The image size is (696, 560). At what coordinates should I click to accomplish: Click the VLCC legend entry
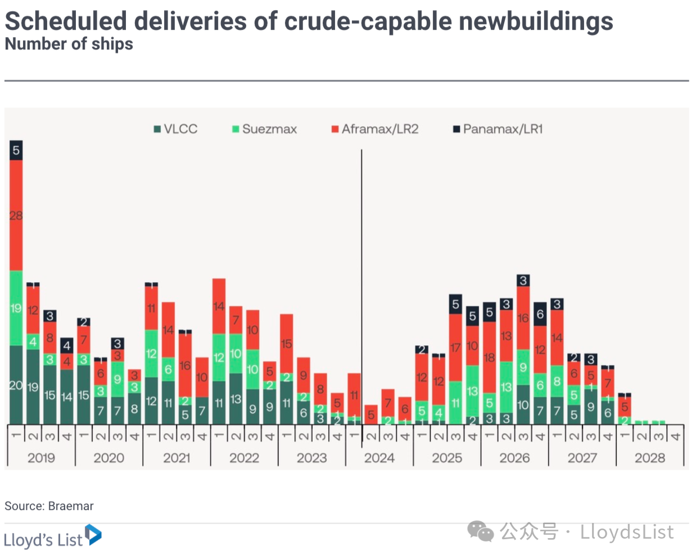175,129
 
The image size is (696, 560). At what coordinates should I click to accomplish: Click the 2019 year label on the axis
41,458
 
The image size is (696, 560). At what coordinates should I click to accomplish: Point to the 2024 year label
379,458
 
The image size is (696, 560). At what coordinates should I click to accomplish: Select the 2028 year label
650,458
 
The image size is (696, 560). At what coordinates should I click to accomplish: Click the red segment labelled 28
16,215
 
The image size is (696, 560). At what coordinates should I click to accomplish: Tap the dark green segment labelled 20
16,385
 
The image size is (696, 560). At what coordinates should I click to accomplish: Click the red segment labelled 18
489,357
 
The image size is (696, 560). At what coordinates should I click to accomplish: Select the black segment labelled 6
540,314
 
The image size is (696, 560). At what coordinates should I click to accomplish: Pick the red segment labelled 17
455,347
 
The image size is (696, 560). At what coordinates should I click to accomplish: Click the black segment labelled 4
67,345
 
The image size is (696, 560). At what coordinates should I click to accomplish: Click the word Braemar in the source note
71,506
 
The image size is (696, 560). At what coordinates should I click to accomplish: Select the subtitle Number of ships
69,44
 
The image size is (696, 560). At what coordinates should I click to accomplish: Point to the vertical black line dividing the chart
361,281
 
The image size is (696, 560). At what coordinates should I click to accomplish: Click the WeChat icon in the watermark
481,531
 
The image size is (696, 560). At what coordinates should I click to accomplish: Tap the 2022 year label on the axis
244,458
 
